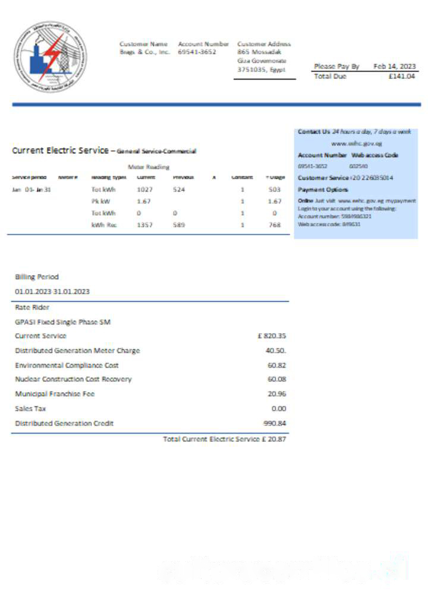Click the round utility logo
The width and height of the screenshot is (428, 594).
[51, 57]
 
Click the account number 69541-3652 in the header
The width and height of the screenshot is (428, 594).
[197, 52]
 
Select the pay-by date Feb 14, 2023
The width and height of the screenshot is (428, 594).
[395, 67]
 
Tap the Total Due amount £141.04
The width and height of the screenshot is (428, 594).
[401, 77]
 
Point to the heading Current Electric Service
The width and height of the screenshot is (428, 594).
[60, 151]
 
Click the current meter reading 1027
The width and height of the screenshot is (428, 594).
[145, 189]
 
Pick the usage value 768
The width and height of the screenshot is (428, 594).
[274, 225]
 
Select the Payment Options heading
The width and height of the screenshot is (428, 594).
[323, 189]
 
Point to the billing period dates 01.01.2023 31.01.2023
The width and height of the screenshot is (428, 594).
[52, 292]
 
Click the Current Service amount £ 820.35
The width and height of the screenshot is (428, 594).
[272, 336]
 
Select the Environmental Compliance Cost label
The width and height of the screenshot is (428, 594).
[67, 365]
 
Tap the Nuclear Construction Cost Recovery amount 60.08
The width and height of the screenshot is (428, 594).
[277, 379]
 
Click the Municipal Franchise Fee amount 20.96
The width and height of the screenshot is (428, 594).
[277, 394]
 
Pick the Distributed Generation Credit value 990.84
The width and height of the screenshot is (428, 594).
[275, 424]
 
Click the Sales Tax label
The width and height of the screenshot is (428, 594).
[30, 409]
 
